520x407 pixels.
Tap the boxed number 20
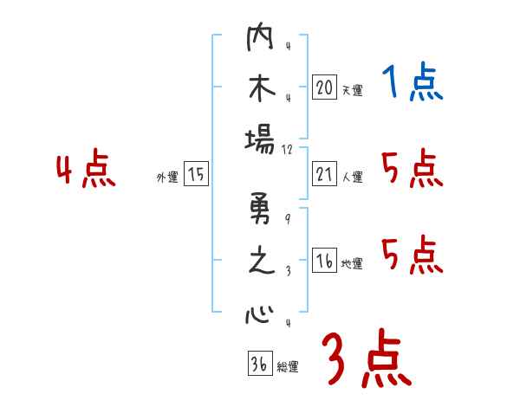pyautogui.click(x=324, y=87)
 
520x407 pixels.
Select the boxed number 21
pyautogui.click(x=324, y=174)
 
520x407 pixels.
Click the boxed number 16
pyautogui.click(x=324, y=262)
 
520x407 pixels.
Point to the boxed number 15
pyautogui.click(x=196, y=175)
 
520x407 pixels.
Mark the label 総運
pyautogui.click(x=287, y=366)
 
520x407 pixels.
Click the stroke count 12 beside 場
pyautogui.click(x=289, y=149)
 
